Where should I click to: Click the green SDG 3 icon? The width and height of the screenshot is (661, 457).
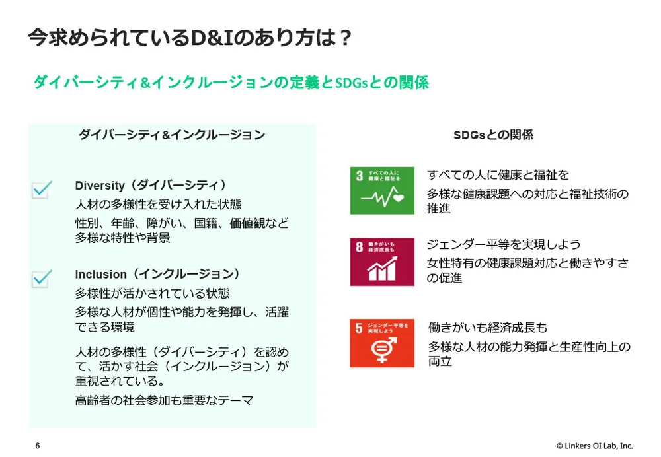[x=382, y=191]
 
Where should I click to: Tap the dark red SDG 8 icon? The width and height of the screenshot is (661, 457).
[x=382, y=262]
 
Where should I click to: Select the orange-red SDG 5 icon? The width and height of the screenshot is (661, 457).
[x=382, y=343]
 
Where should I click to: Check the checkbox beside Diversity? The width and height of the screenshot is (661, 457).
[x=41, y=190]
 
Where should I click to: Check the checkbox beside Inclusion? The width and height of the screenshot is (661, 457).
[x=41, y=278]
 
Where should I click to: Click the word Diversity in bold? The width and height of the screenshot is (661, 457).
[x=98, y=186]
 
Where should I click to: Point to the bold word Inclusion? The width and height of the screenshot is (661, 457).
[x=100, y=274]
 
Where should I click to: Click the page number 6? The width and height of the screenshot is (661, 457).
[x=38, y=446]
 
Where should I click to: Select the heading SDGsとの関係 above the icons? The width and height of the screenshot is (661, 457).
[x=492, y=135]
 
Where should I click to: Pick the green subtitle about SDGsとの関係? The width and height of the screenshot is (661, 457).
[x=231, y=83]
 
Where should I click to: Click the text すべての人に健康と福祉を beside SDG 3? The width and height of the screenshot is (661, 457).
[x=498, y=175]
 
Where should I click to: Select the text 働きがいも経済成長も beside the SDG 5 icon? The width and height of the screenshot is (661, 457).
[x=488, y=328]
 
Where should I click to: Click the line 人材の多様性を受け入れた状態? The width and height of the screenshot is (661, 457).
[x=158, y=205]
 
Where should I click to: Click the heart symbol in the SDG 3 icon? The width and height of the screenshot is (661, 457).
[x=399, y=197]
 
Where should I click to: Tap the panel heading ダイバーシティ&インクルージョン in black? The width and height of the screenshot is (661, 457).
[x=172, y=135]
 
